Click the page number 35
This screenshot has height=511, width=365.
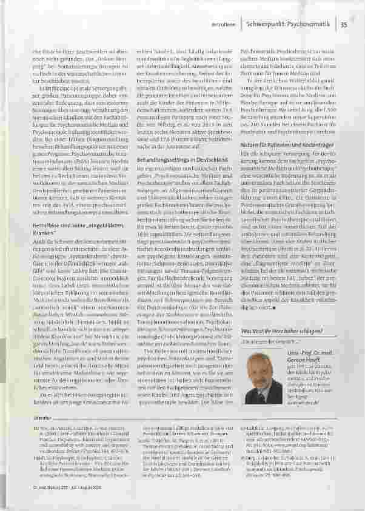pos(343,25)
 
